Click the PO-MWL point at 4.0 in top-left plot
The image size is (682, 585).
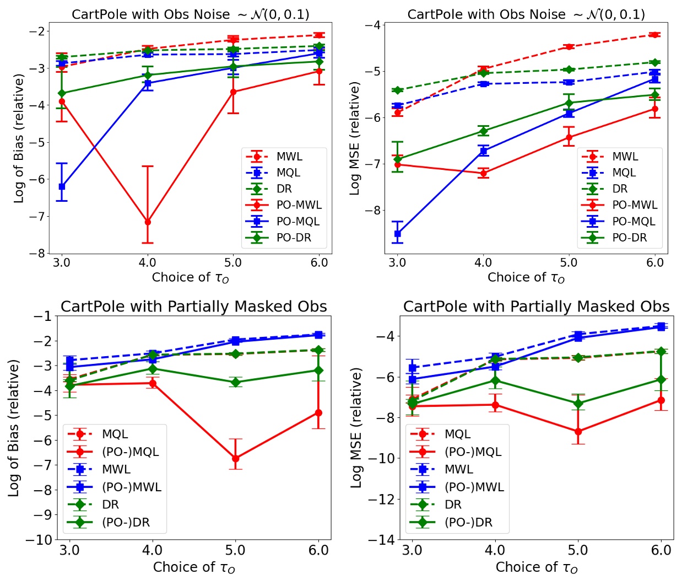147,222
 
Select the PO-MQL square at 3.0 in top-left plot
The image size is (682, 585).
62,186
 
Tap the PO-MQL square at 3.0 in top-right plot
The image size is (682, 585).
397,234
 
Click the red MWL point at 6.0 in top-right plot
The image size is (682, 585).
654,35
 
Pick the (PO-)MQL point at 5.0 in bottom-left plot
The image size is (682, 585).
236,458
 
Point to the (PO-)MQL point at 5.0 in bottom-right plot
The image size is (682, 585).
578,431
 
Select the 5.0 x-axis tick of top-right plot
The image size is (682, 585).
569,262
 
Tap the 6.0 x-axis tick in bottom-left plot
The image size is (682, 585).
318,550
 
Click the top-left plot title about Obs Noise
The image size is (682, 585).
191,14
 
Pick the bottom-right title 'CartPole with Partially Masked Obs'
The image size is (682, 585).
536,307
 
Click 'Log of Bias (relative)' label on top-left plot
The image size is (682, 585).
19,138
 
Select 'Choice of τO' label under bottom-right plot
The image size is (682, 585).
537,567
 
